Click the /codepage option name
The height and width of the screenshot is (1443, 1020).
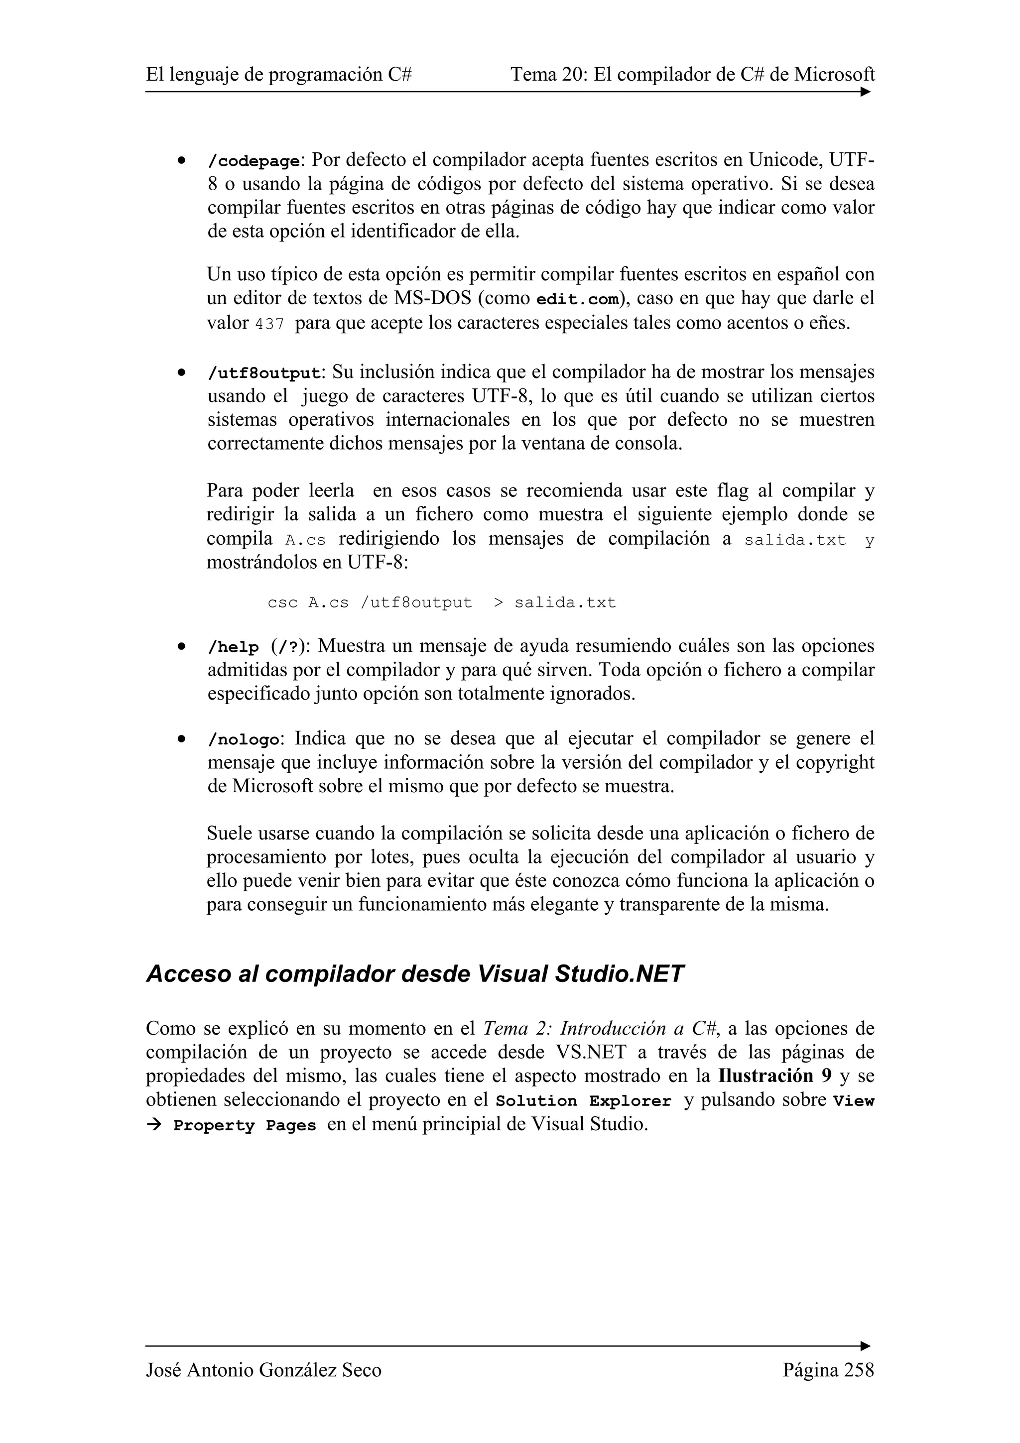254,161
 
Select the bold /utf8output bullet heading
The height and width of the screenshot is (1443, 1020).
264,374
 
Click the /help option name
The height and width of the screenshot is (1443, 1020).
233,647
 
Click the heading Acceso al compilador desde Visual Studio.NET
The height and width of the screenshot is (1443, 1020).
414,974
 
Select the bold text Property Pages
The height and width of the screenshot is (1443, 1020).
245,1126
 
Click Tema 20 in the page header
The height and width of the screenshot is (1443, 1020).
547,75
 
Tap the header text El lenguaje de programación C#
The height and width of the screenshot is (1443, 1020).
278,75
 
